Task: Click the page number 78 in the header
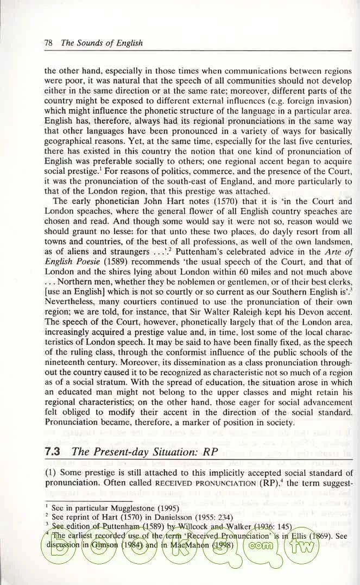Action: pyautogui.click(x=48, y=43)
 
